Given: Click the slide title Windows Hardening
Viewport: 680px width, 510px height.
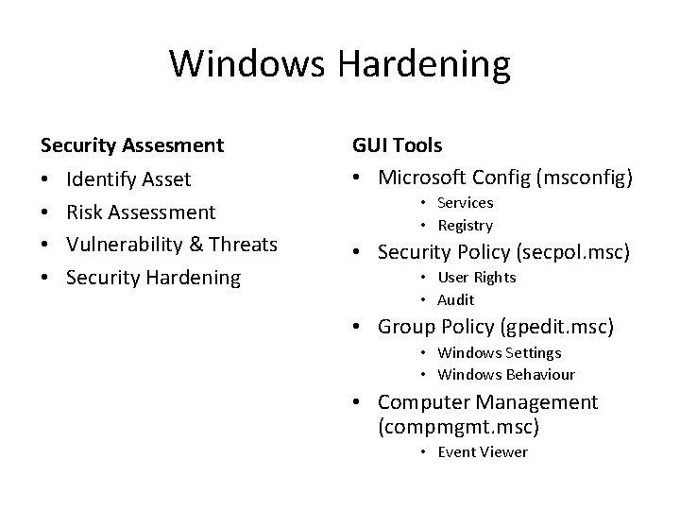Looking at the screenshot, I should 340,65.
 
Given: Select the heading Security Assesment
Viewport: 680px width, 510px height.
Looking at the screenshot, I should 132,145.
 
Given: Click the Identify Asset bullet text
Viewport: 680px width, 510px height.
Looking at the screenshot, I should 128,179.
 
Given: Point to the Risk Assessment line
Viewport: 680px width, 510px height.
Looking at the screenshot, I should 142,212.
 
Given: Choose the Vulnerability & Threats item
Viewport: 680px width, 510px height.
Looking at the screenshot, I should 172,245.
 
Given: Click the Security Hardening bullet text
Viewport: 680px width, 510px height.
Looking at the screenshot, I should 154,278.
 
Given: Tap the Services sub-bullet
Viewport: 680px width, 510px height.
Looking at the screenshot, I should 465,203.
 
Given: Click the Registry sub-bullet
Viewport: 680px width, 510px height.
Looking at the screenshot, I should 465,226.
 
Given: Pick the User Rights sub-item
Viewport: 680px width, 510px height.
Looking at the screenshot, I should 477,278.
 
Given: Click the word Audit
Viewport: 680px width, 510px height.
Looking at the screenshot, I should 456,300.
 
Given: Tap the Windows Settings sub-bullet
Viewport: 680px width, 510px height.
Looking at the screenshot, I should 500,352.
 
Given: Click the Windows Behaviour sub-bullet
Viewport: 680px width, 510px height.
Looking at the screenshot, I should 506,375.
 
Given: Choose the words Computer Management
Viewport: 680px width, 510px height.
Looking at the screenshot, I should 487,402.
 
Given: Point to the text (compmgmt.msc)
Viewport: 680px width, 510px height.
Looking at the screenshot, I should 458,427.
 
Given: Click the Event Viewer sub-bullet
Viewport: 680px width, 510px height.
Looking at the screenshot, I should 483,452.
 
